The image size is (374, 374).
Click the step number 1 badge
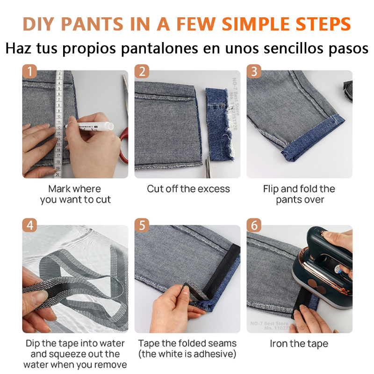pos(30,72)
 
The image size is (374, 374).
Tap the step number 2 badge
pos(142,72)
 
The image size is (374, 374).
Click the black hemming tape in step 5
pos(215,276)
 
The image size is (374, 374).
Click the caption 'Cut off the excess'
pos(188,189)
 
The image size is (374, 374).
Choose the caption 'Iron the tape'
pos(299,344)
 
